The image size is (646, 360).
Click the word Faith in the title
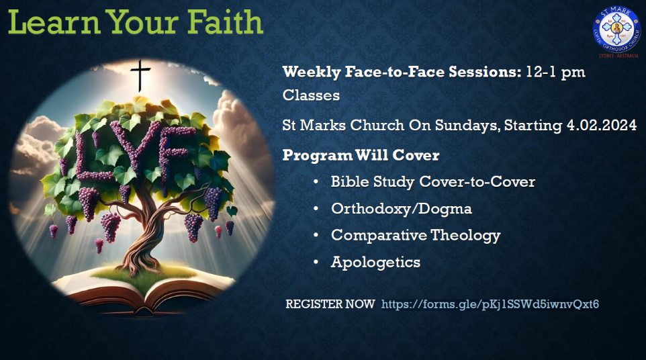[224, 22]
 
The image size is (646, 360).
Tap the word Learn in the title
[54, 22]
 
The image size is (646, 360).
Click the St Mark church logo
[616, 30]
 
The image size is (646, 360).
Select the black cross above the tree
[140, 75]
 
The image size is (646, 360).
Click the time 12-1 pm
[555, 72]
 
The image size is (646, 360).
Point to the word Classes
[311, 95]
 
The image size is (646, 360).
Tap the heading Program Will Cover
[361, 155]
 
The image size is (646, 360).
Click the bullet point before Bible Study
[316, 181]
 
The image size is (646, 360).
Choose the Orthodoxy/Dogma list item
[402, 209]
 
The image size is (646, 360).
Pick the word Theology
[465, 235]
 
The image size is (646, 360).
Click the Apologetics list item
[376, 263]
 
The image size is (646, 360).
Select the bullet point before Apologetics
[316, 262]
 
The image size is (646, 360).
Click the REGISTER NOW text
[330, 304]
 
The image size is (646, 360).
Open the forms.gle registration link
[490, 304]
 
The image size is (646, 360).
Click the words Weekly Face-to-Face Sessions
[402, 72]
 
